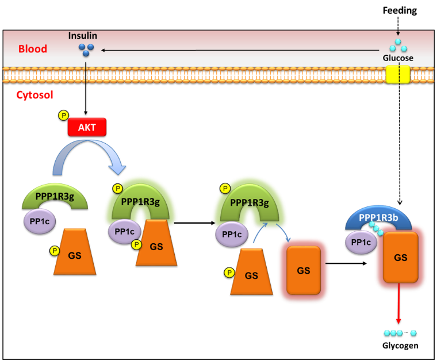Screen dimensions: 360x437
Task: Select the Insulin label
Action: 82,36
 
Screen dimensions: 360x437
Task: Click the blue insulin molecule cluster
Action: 86,49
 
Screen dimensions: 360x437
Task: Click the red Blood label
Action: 32,49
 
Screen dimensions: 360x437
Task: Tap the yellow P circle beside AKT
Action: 63,116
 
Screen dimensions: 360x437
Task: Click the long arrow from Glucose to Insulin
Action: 241,51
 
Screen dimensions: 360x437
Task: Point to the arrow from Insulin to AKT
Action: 86,86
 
